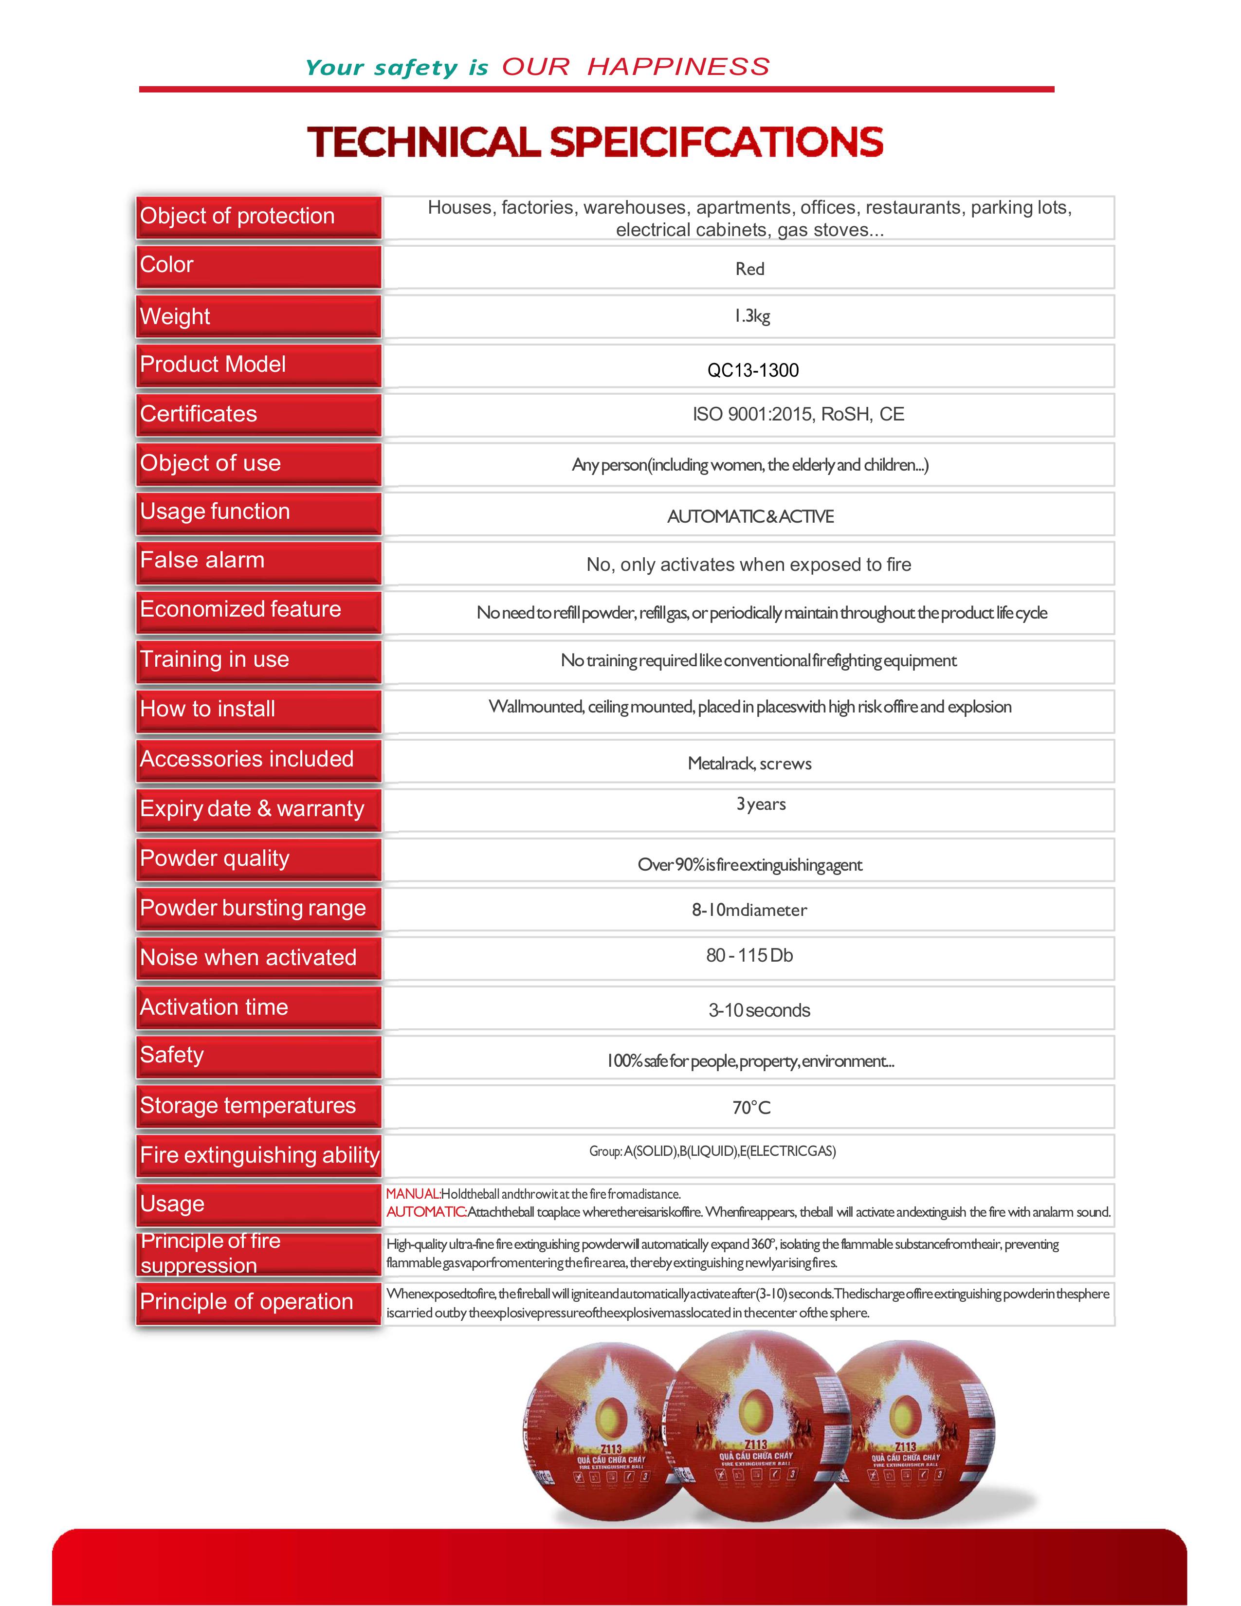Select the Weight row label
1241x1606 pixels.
point(175,316)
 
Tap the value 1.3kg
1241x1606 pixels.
point(751,316)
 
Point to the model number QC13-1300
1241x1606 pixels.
point(753,370)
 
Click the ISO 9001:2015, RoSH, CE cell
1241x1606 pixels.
point(798,414)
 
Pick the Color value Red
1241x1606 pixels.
point(750,269)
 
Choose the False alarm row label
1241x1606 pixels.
point(202,560)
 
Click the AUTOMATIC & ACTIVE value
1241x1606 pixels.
point(750,516)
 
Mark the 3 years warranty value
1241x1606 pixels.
point(761,804)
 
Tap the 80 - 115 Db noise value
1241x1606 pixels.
point(749,955)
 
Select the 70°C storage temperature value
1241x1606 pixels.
point(751,1108)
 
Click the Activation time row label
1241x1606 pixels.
point(214,1007)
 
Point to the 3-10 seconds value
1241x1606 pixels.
point(759,1010)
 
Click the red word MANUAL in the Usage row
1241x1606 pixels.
point(412,1193)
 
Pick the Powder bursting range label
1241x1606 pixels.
point(253,908)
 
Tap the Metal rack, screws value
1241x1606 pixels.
point(749,763)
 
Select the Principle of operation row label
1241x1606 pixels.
point(246,1301)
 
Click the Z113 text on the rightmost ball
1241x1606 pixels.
point(906,1446)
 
